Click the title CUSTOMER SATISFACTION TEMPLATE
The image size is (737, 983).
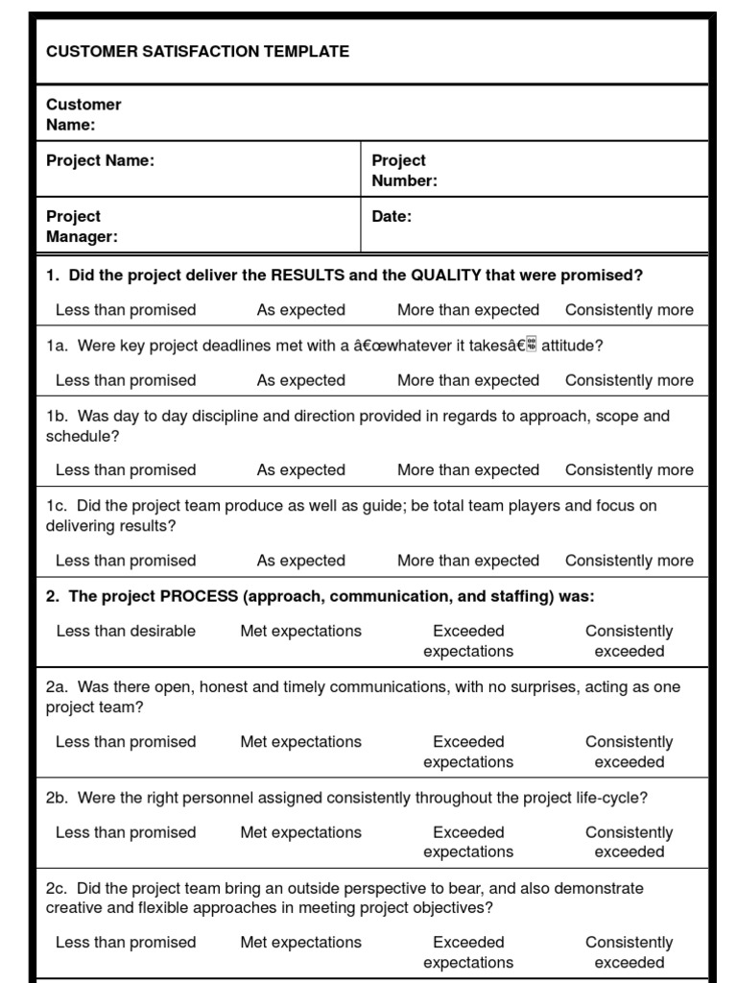pos(198,52)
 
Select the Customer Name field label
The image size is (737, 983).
pos(83,114)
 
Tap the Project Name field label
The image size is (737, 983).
pos(100,161)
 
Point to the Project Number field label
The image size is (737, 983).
pos(404,171)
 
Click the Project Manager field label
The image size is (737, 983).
pos(82,227)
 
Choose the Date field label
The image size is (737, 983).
pos(392,217)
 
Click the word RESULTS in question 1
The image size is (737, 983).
pos(308,276)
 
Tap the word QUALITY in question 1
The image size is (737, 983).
pos(446,276)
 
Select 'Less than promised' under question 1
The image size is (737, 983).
pos(126,310)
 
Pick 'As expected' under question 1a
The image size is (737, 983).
pos(300,381)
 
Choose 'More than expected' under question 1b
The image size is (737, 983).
pos(468,470)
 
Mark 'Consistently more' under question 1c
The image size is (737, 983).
pos(629,561)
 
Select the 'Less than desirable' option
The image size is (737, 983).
pos(126,632)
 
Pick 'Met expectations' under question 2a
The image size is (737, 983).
pos(300,742)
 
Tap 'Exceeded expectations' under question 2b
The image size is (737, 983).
pos(468,842)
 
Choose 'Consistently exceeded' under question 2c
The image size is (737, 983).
pos(629,952)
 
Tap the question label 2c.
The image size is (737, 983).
pos(56,889)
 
